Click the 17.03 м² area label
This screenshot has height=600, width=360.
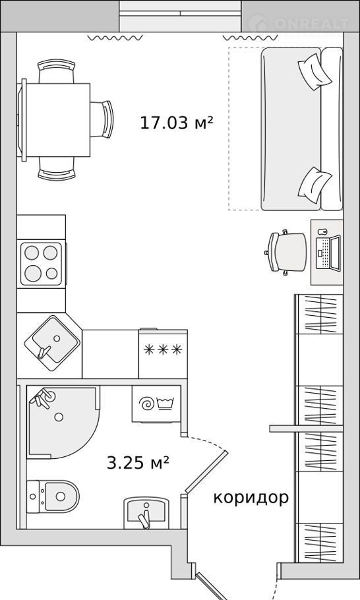(176, 123)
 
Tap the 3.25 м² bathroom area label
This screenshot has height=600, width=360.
(138, 463)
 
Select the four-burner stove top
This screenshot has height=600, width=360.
(41, 264)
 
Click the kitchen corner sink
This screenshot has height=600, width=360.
(52, 343)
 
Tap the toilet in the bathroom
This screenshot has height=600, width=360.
(52, 496)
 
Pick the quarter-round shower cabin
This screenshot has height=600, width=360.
(63, 422)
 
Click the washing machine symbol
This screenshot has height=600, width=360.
(156, 404)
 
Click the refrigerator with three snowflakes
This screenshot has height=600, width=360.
(163, 353)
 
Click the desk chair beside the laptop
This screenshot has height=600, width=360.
(287, 253)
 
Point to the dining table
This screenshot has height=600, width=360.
(56, 120)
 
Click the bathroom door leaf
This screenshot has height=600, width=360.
(206, 472)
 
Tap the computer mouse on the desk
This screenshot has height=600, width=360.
(322, 231)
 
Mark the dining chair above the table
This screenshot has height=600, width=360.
(57, 71)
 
